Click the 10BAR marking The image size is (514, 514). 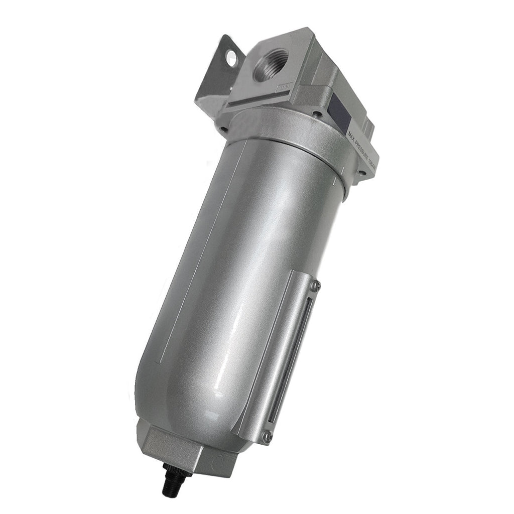click(374, 161)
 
